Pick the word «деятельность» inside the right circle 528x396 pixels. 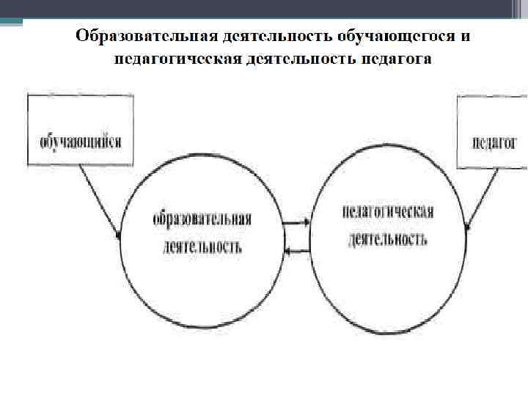pos(388,239)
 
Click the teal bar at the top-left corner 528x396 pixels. pos(11,22)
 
